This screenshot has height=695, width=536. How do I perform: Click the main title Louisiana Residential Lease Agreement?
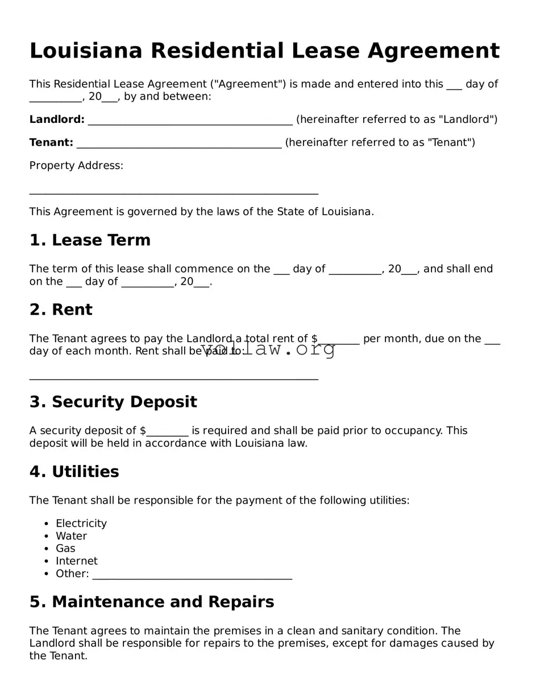[x=264, y=51]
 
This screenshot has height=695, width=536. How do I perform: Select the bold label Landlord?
[x=57, y=120]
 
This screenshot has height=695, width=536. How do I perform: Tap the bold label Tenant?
[x=51, y=143]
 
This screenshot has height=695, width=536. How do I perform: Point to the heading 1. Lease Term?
[x=90, y=240]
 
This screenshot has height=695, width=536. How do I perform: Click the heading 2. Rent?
[x=60, y=310]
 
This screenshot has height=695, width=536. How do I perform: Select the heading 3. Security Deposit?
[x=113, y=402]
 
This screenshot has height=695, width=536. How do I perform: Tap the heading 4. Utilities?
[x=74, y=472]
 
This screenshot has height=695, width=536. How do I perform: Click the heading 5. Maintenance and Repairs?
[x=152, y=602]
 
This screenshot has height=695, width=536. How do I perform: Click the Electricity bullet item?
[x=81, y=524]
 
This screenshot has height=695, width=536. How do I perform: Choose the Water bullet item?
[x=71, y=536]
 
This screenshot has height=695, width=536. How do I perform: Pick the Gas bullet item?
[x=65, y=549]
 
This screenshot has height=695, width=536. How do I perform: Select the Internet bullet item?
[x=76, y=561]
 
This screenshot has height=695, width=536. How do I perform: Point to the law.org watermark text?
[x=268, y=349]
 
